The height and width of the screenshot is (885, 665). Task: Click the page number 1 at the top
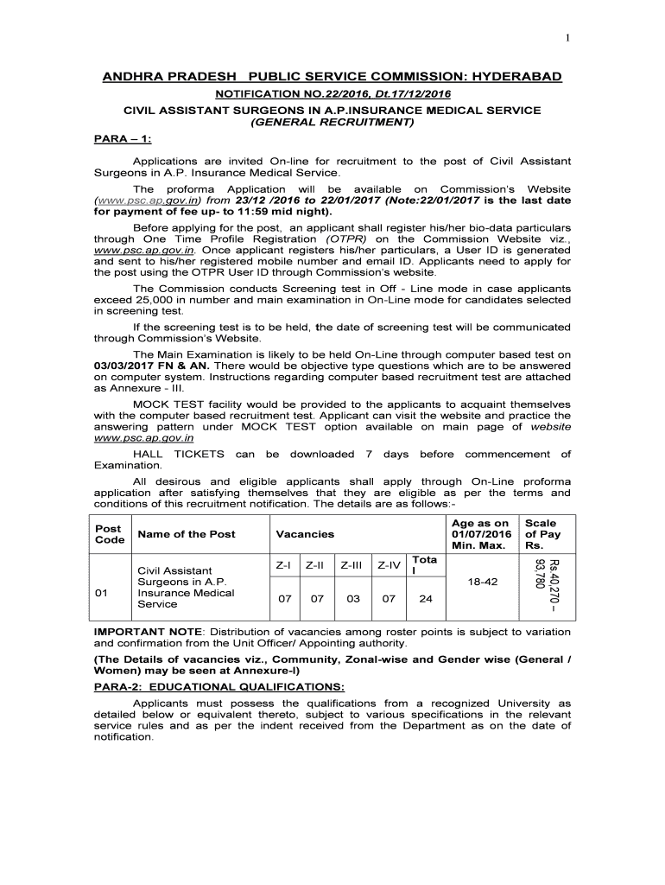(x=567, y=37)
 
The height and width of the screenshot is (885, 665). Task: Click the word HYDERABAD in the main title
(x=515, y=77)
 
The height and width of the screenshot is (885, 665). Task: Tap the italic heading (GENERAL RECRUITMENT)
(x=332, y=123)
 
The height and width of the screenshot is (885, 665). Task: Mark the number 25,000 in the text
(x=155, y=300)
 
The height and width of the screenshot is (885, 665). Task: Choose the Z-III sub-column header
(x=352, y=566)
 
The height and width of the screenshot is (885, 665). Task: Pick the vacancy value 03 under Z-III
(x=352, y=599)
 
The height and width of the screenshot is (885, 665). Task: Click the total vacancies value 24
(x=425, y=599)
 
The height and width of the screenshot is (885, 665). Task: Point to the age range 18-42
(x=482, y=583)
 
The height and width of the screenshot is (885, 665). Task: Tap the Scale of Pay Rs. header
(x=541, y=534)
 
